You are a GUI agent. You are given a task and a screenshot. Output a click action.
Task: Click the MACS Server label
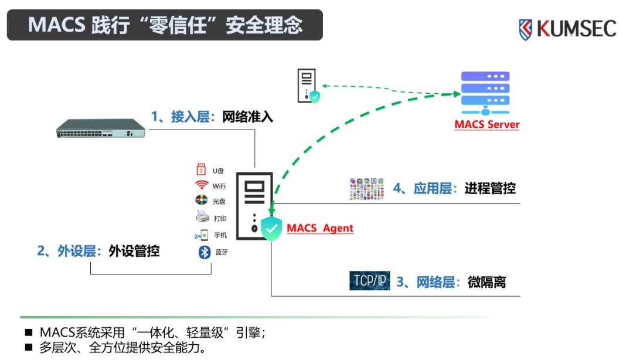point(487,124)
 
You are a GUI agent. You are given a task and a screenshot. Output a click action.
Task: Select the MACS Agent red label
point(320,228)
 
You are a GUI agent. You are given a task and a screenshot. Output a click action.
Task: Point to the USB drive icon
point(201,170)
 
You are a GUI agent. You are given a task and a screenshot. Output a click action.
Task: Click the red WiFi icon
point(202,185)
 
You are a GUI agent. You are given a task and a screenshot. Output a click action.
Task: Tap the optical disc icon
point(202,201)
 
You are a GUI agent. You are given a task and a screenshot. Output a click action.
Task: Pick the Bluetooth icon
point(204,252)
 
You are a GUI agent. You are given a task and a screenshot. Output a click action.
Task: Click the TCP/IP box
point(369,281)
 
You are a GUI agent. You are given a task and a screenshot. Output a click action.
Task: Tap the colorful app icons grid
point(366,189)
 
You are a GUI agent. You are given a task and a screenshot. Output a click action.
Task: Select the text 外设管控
point(134,252)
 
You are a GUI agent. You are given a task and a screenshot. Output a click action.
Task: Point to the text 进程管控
point(490,188)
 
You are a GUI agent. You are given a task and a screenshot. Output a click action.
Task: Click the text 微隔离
point(486,282)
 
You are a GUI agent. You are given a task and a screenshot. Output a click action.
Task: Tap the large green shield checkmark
point(271,228)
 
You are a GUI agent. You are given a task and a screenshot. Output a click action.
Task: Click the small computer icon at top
point(307,85)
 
